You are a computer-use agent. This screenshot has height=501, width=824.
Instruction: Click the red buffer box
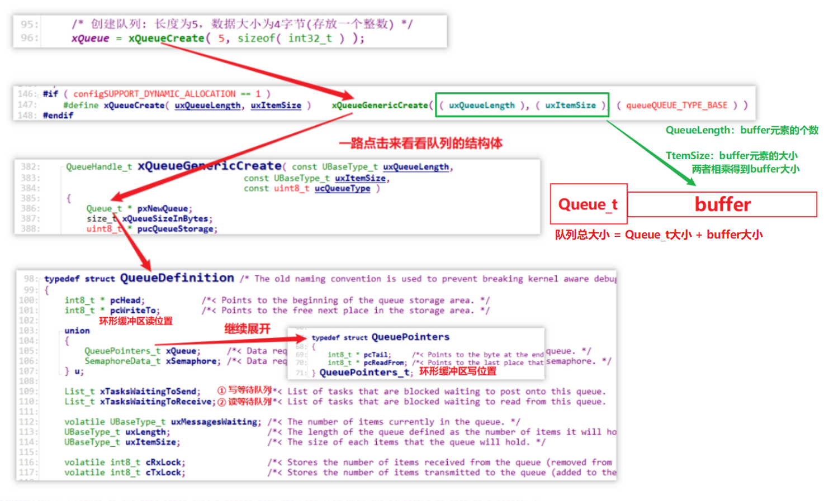pyautogui.click(x=722, y=204)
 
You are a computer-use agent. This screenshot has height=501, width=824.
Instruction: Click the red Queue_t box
pyautogui.click(x=588, y=204)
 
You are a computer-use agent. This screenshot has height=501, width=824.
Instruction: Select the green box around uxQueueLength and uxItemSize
pyautogui.click(x=522, y=105)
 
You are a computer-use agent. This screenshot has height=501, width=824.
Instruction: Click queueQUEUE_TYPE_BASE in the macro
pyautogui.click(x=676, y=105)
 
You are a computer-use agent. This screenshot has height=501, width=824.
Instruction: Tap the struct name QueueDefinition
pyautogui.click(x=177, y=278)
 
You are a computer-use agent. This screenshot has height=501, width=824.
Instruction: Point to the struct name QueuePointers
pyautogui.click(x=410, y=337)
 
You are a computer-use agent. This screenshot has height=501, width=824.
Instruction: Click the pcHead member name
pyautogui.click(x=126, y=300)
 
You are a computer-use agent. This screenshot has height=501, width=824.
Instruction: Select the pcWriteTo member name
pyautogui.click(x=134, y=310)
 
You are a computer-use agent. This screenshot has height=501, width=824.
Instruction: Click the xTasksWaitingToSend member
pyautogui.click(x=150, y=392)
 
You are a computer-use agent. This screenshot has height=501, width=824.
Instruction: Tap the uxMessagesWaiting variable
pyautogui.click(x=215, y=422)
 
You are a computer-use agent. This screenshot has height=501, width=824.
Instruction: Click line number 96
pyautogui.click(x=29, y=38)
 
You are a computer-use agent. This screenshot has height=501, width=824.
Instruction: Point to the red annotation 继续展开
pyautogui.click(x=247, y=328)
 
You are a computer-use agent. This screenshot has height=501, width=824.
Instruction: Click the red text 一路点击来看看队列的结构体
pyautogui.click(x=420, y=144)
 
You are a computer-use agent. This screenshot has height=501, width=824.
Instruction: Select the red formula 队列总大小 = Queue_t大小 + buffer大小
pyautogui.click(x=659, y=235)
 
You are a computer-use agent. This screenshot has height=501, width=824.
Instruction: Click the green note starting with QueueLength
pyautogui.click(x=741, y=130)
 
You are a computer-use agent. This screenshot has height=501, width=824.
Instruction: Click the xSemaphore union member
pyautogui.click(x=192, y=361)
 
